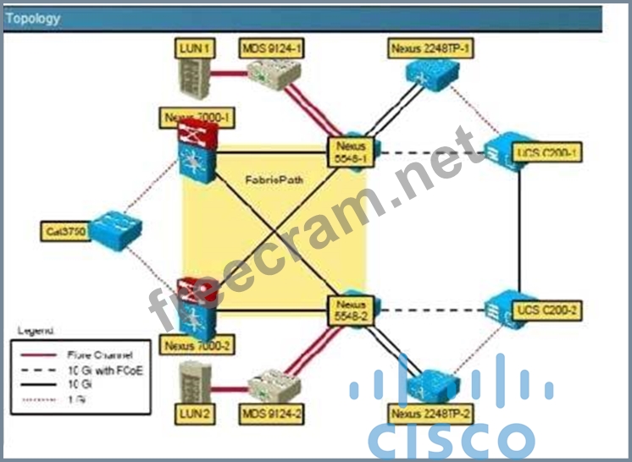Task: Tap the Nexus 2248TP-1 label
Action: click(x=431, y=48)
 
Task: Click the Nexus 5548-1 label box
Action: click(x=351, y=150)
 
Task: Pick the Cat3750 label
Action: click(x=64, y=230)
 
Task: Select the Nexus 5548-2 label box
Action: click(x=351, y=311)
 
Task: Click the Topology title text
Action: click(x=32, y=18)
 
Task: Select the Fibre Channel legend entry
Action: click(x=97, y=355)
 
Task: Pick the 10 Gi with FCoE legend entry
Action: click(x=101, y=369)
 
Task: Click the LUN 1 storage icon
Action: click(x=194, y=76)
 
